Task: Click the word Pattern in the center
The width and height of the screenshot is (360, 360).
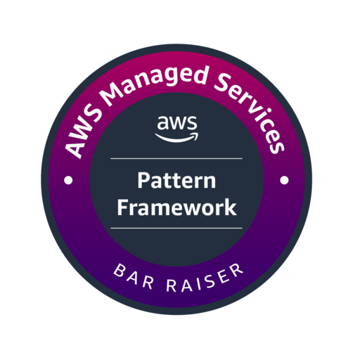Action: pyautogui.click(x=176, y=183)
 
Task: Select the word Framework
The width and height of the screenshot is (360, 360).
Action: pyautogui.click(x=176, y=207)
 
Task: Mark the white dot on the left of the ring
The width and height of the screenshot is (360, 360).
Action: pyautogui.click(x=68, y=181)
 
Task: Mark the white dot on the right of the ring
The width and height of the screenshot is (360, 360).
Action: pyautogui.click(x=285, y=180)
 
